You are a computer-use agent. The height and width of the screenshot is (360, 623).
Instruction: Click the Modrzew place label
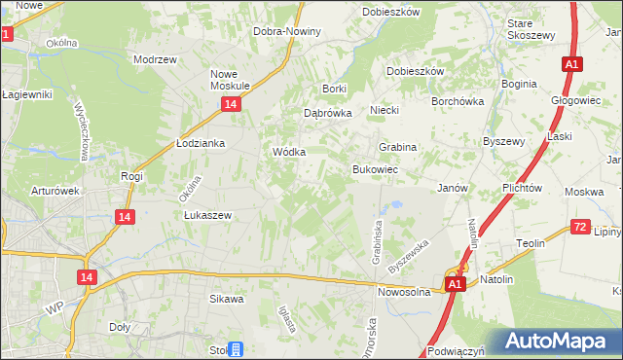pyautogui.click(x=155, y=58)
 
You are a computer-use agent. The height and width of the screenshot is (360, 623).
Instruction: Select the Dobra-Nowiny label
pyautogui.click(x=286, y=31)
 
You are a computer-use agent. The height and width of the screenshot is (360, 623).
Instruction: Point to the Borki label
pyautogui.click(x=335, y=89)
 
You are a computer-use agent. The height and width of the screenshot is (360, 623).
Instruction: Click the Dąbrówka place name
pyautogui.click(x=327, y=112)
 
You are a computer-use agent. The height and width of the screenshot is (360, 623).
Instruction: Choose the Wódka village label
pyautogui.click(x=289, y=152)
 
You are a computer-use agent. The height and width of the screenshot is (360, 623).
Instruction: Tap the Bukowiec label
pyautogui.click(x=375, y=169)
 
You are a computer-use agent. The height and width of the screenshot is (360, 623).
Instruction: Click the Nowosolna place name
pyautogui.click(x=404, y=291)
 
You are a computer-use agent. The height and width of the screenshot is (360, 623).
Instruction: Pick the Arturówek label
pyautogui.click(x=54, y=191)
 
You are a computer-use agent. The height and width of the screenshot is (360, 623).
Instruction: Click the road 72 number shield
pyautogui.click(x=579, y=227)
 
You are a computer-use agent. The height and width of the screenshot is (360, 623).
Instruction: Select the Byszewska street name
pyautogui.click(x=408, y=256)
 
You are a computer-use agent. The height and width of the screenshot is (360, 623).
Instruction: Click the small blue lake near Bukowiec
pyautogui.click(x=395, y=206)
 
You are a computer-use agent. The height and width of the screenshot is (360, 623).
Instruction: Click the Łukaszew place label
pyautogui.click(x=206, y=215)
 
